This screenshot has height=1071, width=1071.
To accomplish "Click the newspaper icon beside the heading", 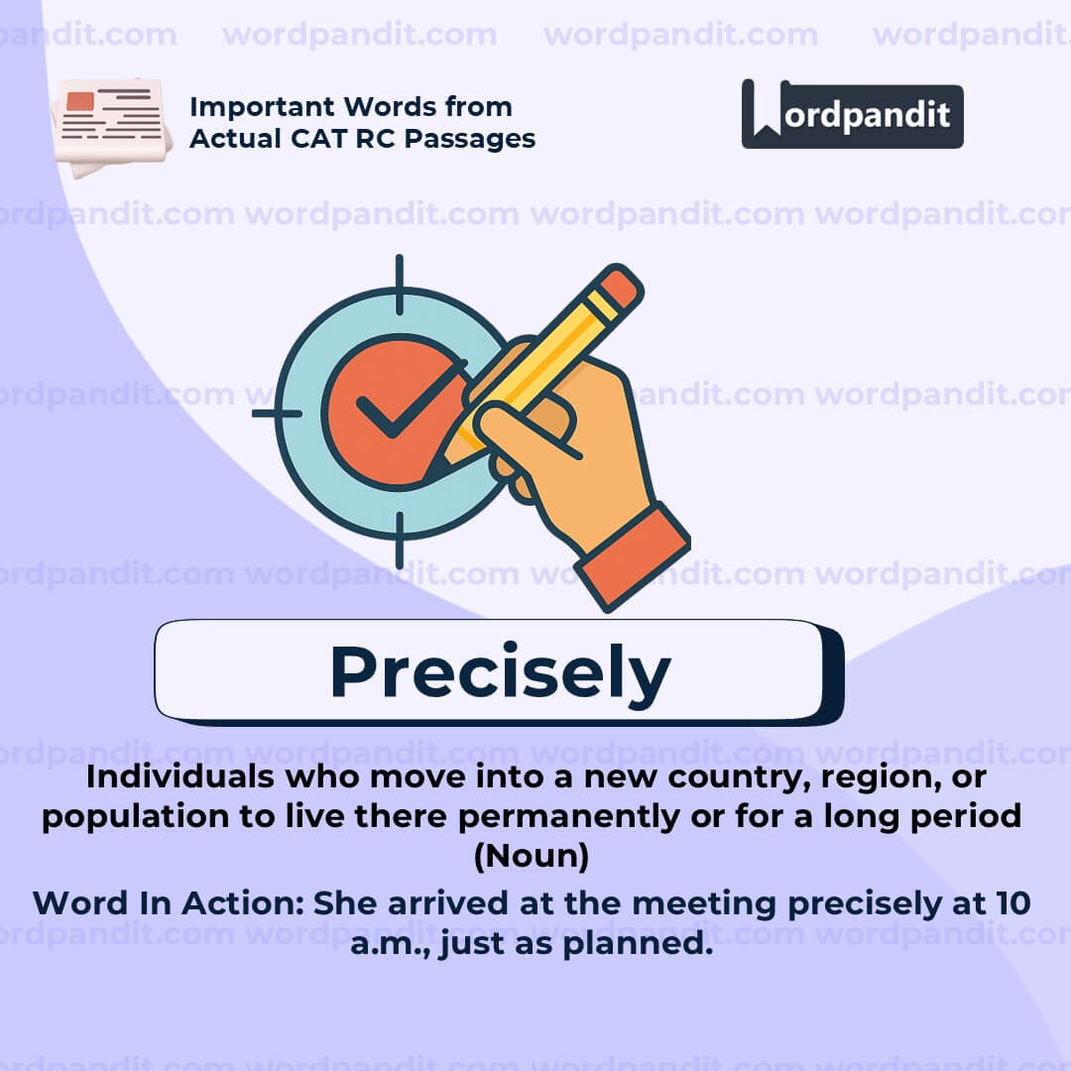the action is tap(111, 127).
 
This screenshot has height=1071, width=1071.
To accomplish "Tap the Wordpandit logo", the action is tap(853, 115).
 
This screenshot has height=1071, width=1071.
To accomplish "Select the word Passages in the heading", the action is tap(470, 140).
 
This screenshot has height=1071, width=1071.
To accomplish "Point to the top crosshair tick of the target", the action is tap(400, 285).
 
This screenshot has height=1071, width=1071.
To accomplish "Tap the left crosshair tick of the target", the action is tap(277, 414).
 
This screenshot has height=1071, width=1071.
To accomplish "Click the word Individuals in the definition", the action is tap(180, 776).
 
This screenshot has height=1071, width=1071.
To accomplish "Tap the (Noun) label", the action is tap(532, 856).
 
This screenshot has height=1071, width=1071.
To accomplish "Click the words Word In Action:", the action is tap(168, 903).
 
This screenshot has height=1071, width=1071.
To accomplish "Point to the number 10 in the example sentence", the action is tap(1013, 903).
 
